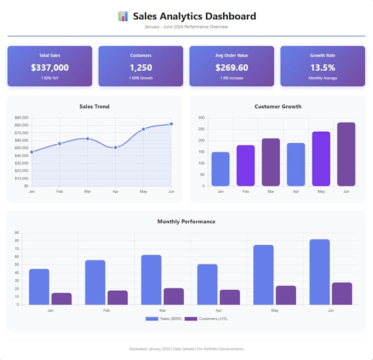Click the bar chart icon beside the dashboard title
(x=123, y=16)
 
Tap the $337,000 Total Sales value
(x=50, y=67)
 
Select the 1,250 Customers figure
(x=141, y=67)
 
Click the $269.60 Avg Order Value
(x=231, y=67)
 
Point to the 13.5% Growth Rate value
(x=323, y=67)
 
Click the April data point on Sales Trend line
(x=115, y=148)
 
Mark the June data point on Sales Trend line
(x=171, y=124)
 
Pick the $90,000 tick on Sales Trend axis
(x=21, y=117)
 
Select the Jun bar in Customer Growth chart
(x=346, y=154)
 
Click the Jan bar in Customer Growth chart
(x=221, y=169)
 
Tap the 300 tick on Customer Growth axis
(x=201, y=117)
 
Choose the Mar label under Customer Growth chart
(x=271, y=192)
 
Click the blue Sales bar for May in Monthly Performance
(x=263, y=275)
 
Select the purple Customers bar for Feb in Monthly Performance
(x=117, y=297)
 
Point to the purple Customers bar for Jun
(x=342, y=294)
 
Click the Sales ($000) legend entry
(x=163, y=319)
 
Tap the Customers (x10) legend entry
(x=206, y=319)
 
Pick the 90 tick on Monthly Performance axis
(x=16, y=233)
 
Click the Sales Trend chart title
(x=94, y=106)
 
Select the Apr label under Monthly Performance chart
(x=219, y=310)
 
